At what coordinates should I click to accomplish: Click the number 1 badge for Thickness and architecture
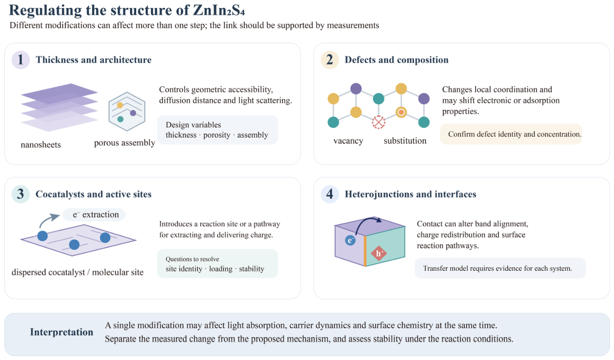20,60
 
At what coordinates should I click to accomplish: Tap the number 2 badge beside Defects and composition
330,60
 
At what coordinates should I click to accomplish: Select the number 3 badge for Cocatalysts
20,194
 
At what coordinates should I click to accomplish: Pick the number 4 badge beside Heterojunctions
330,194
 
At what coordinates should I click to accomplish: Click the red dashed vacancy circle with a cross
378,122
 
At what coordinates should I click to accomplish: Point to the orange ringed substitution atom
401,112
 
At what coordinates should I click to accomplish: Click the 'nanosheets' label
41,145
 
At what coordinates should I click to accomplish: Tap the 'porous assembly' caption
125,143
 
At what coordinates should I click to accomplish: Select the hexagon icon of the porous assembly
127,111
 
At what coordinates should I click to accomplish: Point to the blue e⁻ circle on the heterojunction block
350,240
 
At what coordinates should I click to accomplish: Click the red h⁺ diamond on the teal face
379,253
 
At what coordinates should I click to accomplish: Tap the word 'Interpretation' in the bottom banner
61,332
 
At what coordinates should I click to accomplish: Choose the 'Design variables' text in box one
193,125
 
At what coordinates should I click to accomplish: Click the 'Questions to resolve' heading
193,259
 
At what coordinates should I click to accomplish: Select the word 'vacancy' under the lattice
348,141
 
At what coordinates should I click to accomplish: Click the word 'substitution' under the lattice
405,141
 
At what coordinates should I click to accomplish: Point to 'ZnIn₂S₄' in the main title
219,10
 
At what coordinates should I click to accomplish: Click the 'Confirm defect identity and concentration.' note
515,134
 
